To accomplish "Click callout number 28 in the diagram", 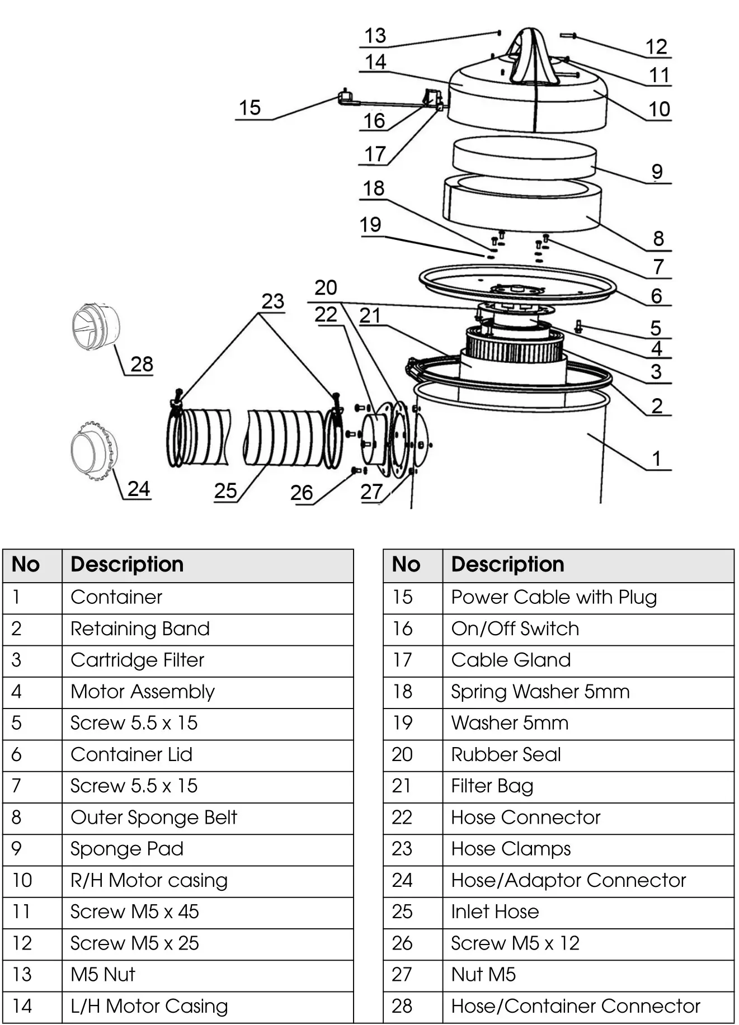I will pyautogui.click(x=142, y=365).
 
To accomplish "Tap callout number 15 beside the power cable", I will pyautogui.click(x=250, y=108).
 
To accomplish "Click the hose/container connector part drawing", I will pyautogui.click(x=96, y=327).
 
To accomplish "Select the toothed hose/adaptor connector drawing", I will pyautogui.click(x=93, y=451).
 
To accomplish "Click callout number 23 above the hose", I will pyautogui.click(x=273, y=301).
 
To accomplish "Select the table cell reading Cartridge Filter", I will pyautogui.click(x=137, y=660).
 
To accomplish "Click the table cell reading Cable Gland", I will pyautogui.click(x=510, y=660).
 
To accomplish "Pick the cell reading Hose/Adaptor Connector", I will pyautogui.click(x=568, y=881).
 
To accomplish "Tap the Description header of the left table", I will pyautogui.click(x=127, y=565).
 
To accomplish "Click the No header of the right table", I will pyautogui.click(x=406, y=565).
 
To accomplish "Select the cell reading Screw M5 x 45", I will pyautogui.click(x=134, y=912).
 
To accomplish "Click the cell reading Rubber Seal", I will pyautogui.click(x=506, y=755).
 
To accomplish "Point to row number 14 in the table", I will pyautogui.click(x=22, y=1007).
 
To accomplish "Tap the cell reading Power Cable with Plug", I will pyautogui.click(x=553, y=597).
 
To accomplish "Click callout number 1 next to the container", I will pyautogui.click(x=657, y=459).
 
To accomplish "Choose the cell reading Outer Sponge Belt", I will pyautogui.click(x=153, y=818).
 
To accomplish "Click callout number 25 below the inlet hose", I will pyautogui.click(x=225, y=491).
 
